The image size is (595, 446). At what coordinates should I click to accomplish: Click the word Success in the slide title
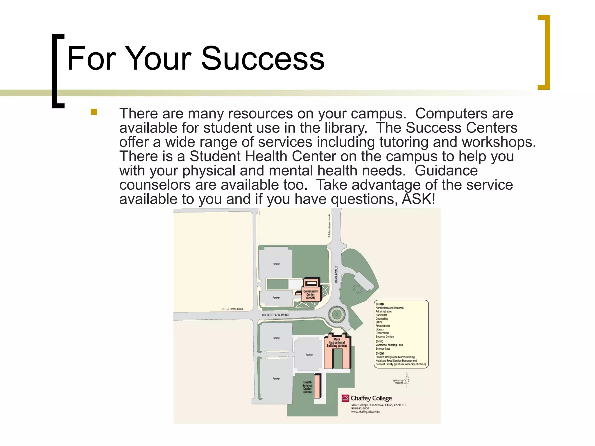(263, 59)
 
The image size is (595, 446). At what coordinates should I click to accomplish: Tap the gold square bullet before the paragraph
(94, 112)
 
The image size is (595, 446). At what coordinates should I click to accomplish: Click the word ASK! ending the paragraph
(418, 199)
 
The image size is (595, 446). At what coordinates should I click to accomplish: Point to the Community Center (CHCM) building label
(311, 294)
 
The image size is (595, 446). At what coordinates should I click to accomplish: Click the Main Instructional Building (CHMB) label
(337, 343)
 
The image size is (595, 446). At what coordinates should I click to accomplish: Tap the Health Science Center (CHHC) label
(307, 387)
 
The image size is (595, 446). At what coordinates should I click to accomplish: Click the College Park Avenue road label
(276, 315)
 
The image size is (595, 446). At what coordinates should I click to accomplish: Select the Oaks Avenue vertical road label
(336, 274)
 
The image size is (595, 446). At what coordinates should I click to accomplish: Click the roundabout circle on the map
(337, 314)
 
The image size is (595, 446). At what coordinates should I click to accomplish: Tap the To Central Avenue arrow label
(233, 309)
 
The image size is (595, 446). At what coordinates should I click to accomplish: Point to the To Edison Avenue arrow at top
(329, 226)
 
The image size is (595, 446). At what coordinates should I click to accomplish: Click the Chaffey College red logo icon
(345, 398)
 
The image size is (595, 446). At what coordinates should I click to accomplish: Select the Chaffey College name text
(371, 398)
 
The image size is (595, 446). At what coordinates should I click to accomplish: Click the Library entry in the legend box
(380, 329)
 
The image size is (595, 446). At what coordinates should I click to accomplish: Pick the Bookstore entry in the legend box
(381, 315)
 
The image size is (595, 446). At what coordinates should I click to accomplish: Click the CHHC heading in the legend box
(379, 341)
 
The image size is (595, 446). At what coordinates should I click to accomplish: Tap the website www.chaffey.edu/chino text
(365, 412)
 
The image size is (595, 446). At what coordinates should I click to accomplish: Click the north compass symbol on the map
(407, 380)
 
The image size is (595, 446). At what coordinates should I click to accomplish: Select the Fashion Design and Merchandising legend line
(395, 357)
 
